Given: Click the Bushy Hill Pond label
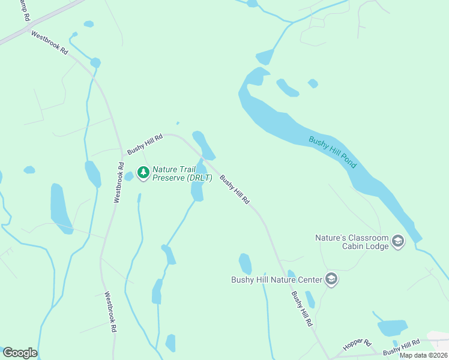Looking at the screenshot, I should click(x=333, y=152).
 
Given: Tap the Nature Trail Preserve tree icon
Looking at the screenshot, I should click(x=143, y=173).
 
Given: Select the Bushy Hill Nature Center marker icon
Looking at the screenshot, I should click(x=331, y=279).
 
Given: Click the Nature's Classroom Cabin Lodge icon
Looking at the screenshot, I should click(x=397, y=242).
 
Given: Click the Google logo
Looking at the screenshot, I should click(x=20, y=353).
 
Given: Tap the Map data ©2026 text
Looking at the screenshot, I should click(x=423, y=355).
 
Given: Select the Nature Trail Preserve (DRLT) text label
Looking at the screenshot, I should click(x=182, y=173).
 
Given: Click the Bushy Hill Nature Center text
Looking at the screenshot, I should click(x=276, y=280).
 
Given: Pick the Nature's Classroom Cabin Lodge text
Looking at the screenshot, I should click(x=352, y=242).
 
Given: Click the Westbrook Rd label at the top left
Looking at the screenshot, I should click(x=49, y=43).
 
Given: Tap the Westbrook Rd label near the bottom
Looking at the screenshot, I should click(x=110, y=312).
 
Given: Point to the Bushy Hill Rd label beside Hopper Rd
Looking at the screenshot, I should click(x=401, y=347).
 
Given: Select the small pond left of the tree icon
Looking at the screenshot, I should click(x=129, y=176).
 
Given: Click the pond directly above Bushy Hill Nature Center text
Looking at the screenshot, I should click(x=245, y=263).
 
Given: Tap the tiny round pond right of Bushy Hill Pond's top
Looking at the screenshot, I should click(x=313, y=83).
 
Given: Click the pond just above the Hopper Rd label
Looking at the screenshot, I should click(x=392, y=328).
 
